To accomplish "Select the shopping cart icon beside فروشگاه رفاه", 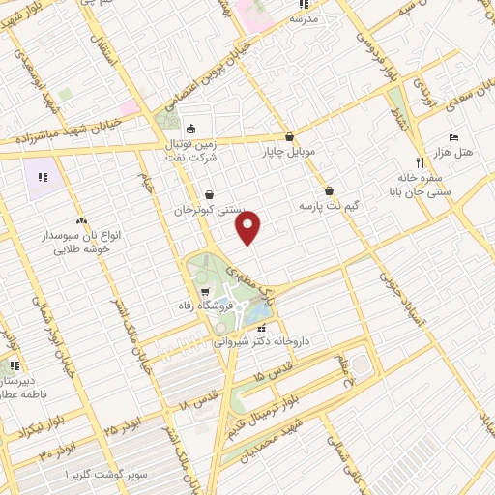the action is click(204, 292).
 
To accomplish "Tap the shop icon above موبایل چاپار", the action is click(289, 136).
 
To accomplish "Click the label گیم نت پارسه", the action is click(330, 205).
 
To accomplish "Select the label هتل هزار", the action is click(452, 153).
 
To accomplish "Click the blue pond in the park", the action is click(257, 313).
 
